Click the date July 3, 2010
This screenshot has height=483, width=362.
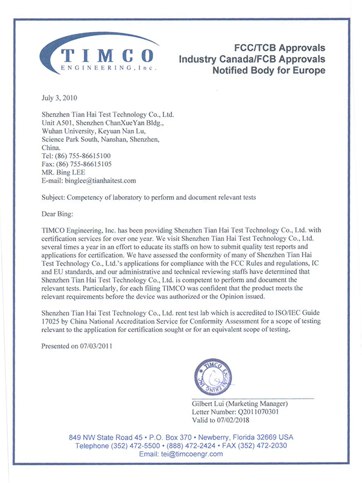(60, 97)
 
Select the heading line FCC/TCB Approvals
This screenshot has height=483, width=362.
(279, 48)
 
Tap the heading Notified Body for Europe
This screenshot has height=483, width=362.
(268, 71)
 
